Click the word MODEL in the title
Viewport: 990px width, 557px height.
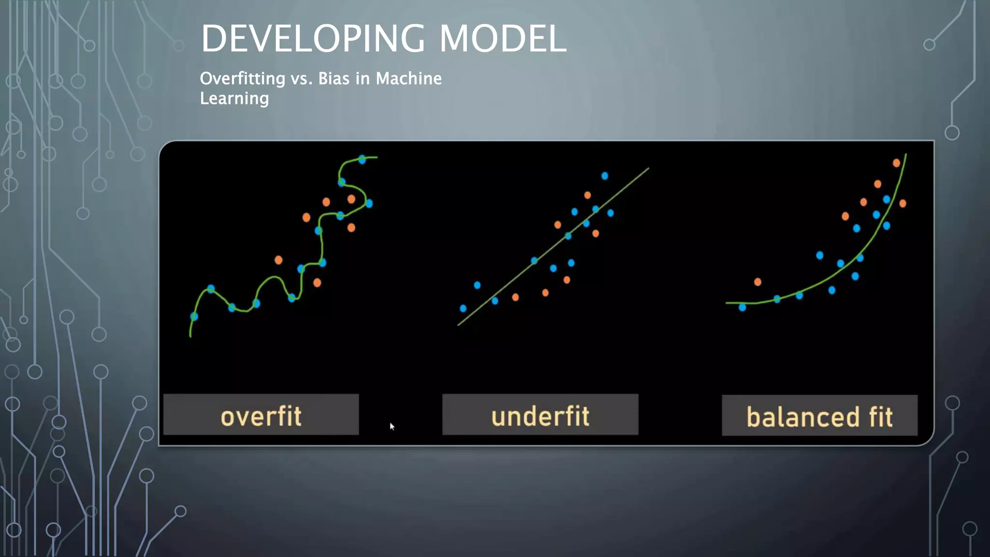(x=503, y=39)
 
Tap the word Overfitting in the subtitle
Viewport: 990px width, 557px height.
(x=242, y=79)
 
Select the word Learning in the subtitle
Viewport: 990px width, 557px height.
(x=234, y=99)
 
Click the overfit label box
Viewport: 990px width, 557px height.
(x=261, y=415)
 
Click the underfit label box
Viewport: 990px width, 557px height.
(x=540, y=415)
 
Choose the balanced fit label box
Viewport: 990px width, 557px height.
(x=819, y=416)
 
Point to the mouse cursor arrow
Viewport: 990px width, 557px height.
(x=392, y=426)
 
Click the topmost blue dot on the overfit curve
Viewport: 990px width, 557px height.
(x=362, y=160)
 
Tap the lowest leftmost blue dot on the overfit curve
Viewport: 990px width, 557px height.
(x=194, y=317)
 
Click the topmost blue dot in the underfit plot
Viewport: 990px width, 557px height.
(x=605, y=176)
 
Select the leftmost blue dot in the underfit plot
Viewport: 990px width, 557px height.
(x=463, y=308)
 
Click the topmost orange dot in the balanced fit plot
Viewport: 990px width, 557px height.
(x=896, y=163)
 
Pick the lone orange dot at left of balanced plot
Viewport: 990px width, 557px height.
(x=757, y=282)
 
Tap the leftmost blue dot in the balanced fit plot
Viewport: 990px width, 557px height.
(x=742, y=307)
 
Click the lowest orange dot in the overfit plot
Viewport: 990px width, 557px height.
(x=317, y=283)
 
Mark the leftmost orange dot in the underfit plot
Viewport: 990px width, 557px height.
(x=515, y=297)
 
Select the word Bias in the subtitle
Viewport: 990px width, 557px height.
(x=334, y=79)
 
